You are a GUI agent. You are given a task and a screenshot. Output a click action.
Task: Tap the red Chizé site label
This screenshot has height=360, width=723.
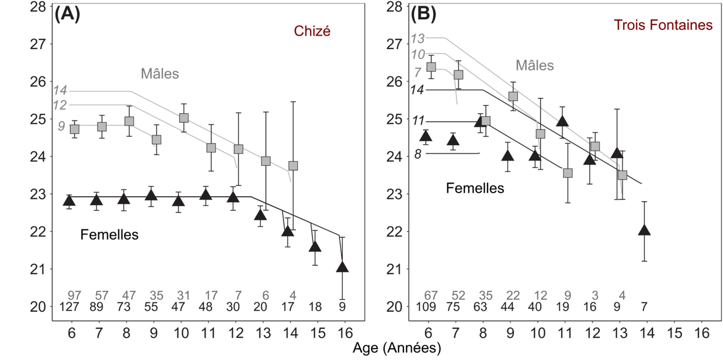pyautogui.click(x=312, y=32)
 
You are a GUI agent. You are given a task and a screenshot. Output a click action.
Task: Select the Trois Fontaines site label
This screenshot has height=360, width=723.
pyautogui.click(x=663, y=25)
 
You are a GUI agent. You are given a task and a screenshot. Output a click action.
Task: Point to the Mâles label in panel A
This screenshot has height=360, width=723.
pyautogui.click(x=160, y=73)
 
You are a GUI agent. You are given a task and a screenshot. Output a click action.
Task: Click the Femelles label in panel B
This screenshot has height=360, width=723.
pyautogui.click(x=475, y=188)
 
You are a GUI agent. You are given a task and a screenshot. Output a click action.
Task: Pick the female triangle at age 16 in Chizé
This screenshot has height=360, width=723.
pyautogui.click(x=342, y=266)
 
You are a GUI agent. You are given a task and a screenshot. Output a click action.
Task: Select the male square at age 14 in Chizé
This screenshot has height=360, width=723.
pyautogui.click(x=293, y=166)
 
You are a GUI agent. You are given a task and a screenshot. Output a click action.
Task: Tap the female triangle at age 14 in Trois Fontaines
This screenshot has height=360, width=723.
pyautogui.click(x=644, y=229)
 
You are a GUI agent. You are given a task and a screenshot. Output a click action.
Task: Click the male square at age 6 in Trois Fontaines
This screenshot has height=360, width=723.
pyautogui.click(x=431, y=67)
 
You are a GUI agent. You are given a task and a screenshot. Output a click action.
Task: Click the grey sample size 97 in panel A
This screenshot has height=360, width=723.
pyautogui.click(x=74, y=295)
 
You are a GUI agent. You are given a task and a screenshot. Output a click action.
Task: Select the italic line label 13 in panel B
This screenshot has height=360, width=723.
pyautogui.click(x=418, y=39)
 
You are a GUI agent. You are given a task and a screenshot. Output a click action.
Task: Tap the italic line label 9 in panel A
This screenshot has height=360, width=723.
pyautogui.click(x=62, y=126)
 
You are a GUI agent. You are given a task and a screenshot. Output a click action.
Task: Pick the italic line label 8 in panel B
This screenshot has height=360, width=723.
pyautogui.click(x=417, y=154)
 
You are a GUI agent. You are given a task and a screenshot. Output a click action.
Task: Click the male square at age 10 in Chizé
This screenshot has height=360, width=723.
pyautogui.click(x=184, y=118)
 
